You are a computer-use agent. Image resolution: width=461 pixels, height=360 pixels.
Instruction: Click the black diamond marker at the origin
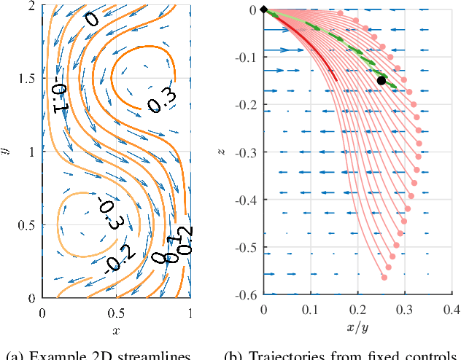(264, 9)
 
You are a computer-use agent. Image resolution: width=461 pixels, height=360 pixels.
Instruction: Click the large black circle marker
(381, 80)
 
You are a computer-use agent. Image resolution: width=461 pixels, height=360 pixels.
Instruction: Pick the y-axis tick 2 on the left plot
(34, 5)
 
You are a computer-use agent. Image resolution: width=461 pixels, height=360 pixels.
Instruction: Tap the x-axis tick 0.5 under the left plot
(116, 312)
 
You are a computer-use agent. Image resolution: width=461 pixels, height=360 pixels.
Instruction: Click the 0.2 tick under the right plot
(357, 309)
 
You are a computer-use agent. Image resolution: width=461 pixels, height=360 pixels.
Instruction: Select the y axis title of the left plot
(7, 151)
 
